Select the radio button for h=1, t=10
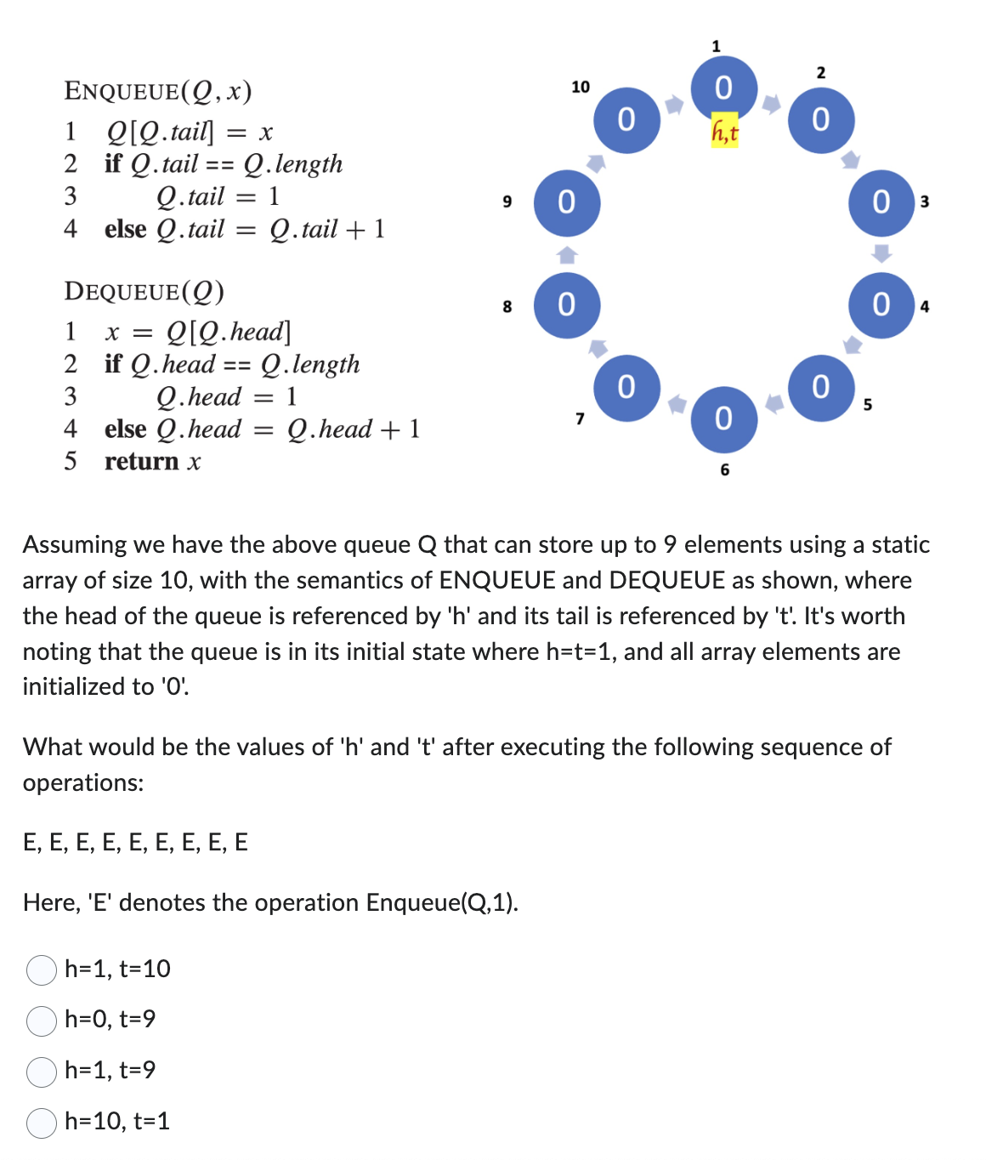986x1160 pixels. click(42, 970)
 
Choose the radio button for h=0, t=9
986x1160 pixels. click(42, 1021)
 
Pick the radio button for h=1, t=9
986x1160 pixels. click(42, 1072)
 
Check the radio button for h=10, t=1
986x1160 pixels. click(42, 1123)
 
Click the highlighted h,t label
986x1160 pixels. click(724, 132)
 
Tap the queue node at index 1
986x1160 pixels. click(723, 88)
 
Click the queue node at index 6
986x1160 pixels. click(723, 418)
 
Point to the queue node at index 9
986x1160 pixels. click(567, 202)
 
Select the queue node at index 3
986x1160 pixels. click(881, 202)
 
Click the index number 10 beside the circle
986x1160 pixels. click(581, 87)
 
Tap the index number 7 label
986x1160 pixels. click(580, 418)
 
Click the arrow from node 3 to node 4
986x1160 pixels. click(882, 253)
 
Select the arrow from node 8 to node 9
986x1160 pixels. click(567, 253)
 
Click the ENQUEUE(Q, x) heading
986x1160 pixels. click(158, 91)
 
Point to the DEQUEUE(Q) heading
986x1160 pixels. click(144, 292)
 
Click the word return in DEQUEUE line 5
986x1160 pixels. click(141, 462)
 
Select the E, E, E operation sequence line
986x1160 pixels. click(136, 843)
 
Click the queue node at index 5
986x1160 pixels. click(821, 388)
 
